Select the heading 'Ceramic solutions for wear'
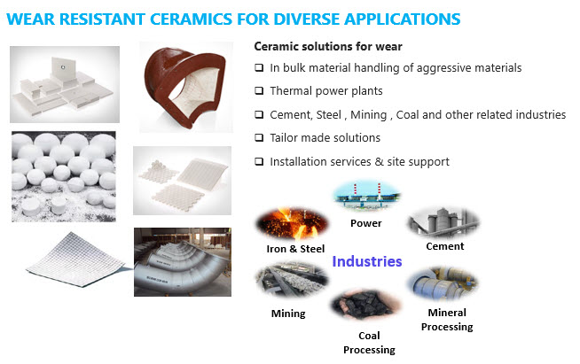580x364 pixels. [328, 47]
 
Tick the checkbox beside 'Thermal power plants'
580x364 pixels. [259, 91]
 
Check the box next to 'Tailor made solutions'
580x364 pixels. [259, 138]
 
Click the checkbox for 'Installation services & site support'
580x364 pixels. [259, 161]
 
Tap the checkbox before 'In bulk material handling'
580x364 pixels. [259, 67]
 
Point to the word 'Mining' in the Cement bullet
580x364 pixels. [368, 115]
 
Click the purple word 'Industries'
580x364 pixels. [367, 261]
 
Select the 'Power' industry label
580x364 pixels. [366, 223]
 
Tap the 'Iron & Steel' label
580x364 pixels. [295, 249]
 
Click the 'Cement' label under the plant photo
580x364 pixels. [444, 246]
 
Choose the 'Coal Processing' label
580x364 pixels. [369, 343]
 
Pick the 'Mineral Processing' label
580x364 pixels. [447, 320]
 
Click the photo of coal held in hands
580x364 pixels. [365, 305]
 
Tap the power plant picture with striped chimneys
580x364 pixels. [366, 196]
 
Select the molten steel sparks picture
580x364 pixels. [293, 223]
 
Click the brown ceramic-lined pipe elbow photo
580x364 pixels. [186, 87]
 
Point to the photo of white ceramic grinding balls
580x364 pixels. [64, 176]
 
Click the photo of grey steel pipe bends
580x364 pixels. [183, 262]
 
